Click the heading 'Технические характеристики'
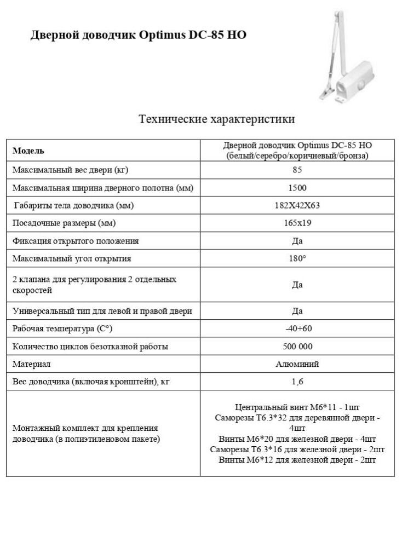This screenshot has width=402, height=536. (x=216, y=119)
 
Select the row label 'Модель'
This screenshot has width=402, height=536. (x=28, y=151)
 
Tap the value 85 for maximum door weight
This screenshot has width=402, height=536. (x=297, y=170)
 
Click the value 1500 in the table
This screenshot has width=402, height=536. (x=297, y=188)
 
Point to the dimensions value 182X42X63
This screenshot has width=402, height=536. (x=297, y=206)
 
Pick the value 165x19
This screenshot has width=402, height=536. (x=297, y=223)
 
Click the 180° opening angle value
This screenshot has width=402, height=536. (x=297, y=258)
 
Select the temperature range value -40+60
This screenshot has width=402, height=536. (x=297, y=328)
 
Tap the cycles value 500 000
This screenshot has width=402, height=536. (x=297, y=347)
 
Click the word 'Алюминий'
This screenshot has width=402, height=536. (x=297, y=364)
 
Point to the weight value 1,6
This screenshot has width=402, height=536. (x=297, y=382)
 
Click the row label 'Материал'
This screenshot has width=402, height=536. (x=31, y=364)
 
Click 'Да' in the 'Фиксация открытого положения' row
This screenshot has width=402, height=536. (x=297, y=241)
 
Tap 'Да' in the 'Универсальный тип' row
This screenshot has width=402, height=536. (x=297, y=311)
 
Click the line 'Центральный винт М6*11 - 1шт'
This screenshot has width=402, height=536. (x=297, y=407)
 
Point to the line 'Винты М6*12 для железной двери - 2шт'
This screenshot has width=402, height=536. (x=297, y=460)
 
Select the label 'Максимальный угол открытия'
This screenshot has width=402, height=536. (x=72, y=258)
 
